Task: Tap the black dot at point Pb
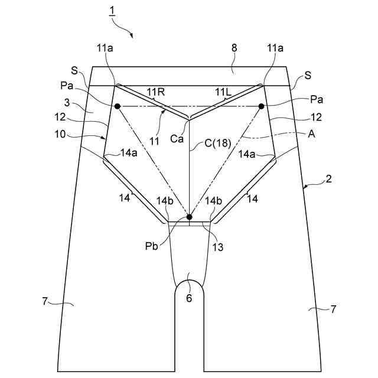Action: pos(190,217)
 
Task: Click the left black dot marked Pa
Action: pos(118,106)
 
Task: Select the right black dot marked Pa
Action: pos(261,106)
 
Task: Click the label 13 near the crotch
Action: pos(218,247)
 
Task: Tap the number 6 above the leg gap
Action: pos(189,298)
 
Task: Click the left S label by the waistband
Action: pos(75,71)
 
